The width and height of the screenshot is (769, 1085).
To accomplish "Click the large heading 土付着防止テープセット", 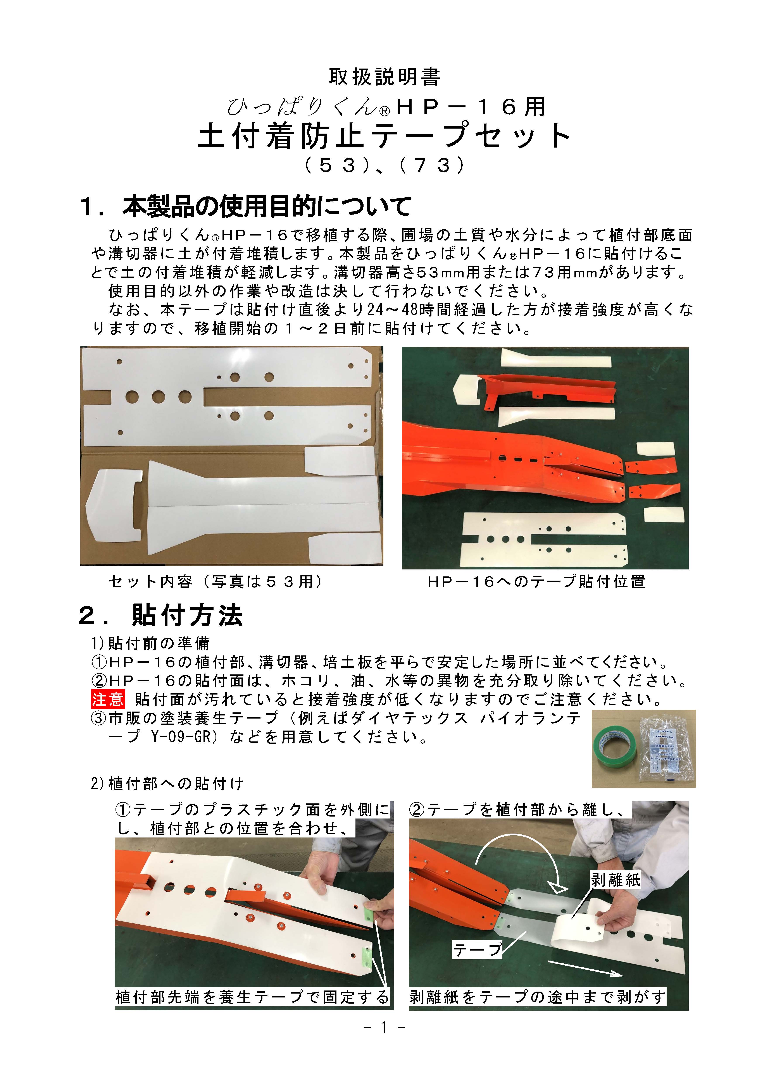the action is [x=384, y=136].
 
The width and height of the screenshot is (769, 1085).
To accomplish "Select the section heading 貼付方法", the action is [x=188, y=616].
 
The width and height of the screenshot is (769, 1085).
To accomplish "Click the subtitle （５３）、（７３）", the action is [x=384, y=165].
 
